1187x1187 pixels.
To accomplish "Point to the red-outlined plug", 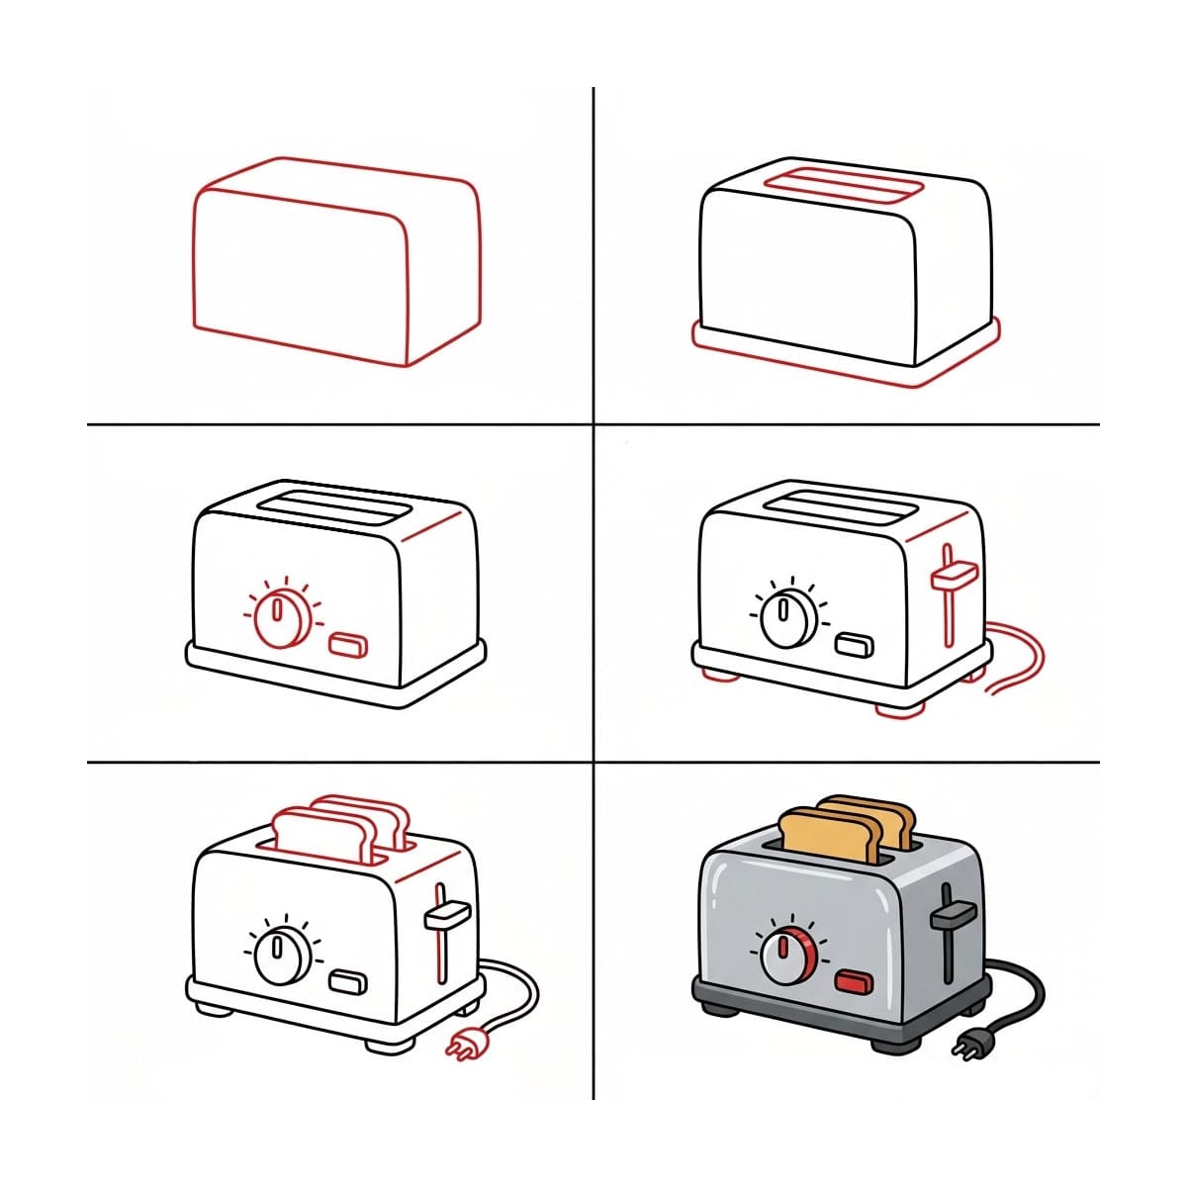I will pyautogui.click(x=462, y=1043).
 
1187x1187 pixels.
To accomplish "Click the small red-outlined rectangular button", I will pyautogui.click(x=348, y=646).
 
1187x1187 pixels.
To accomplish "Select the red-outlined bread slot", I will pyautogui.click(x=845, y=186).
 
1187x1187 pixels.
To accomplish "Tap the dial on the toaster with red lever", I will pyautogui.click(x=787, y=618).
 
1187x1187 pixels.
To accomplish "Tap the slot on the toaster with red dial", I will pyautogui.click(x=334, y=506).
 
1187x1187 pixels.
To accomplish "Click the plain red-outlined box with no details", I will pyautogui.click(x=336, y=262).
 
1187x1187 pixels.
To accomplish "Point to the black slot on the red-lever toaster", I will pyautogui.click(x=843, y=507).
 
